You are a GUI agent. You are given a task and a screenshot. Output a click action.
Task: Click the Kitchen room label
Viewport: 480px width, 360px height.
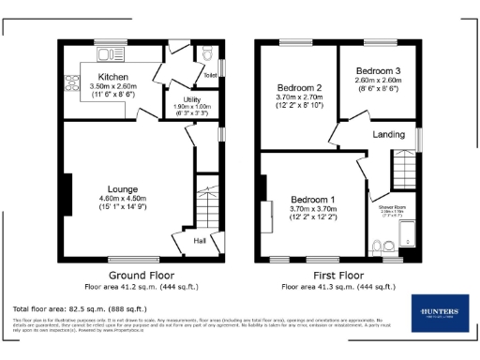(x=112, y=76)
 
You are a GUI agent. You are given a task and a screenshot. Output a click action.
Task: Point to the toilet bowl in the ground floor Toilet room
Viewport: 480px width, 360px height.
(x=208, y=57)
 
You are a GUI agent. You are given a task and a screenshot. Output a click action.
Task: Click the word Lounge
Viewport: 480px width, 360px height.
(x=122, y=187)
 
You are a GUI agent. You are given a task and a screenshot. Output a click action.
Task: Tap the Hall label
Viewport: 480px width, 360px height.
(x=200, y=241)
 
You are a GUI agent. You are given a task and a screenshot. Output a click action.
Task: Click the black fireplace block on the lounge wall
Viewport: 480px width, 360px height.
(x=67, y=192)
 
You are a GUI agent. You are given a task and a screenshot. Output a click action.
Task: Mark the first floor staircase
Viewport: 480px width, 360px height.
(x=403, y=171)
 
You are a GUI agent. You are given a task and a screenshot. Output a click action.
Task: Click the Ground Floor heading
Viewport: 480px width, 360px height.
(x=142, y=275)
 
